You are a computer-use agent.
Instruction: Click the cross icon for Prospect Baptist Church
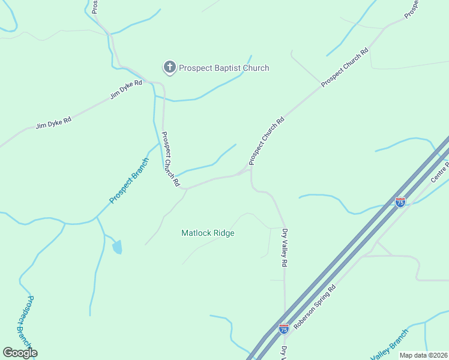coord(170,67)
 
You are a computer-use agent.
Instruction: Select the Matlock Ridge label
coord(208,233)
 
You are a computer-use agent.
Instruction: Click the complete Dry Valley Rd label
coord(285,247)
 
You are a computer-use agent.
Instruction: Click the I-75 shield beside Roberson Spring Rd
coord(284,329)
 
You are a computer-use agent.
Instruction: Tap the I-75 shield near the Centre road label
coord(400,202)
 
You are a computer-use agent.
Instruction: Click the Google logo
coord(20,353)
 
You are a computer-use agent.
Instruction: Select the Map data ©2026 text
coord(423,355)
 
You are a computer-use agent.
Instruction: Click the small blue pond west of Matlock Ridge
coord(117,247)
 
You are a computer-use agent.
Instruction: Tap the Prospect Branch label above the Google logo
coord(24,320)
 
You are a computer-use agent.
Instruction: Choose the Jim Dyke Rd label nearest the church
coord(126,89)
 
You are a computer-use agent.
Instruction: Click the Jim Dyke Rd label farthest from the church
coord(53,123)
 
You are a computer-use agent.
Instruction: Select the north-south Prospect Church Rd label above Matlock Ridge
coord(170,160)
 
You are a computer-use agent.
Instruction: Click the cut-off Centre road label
coord(440,172)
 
